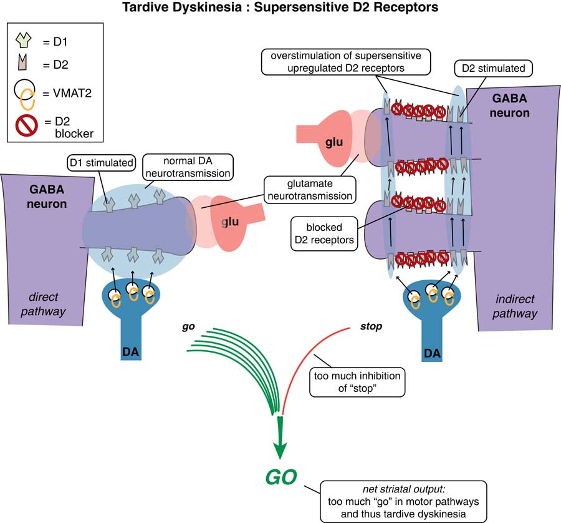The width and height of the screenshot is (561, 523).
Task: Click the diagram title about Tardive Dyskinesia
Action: [x=280, y=8]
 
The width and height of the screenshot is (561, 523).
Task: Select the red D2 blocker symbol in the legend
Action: [x=26, y=123]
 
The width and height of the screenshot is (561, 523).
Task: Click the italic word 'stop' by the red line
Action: [x=372, y=326]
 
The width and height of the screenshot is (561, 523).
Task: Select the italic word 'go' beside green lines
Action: [x=185, y=326]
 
